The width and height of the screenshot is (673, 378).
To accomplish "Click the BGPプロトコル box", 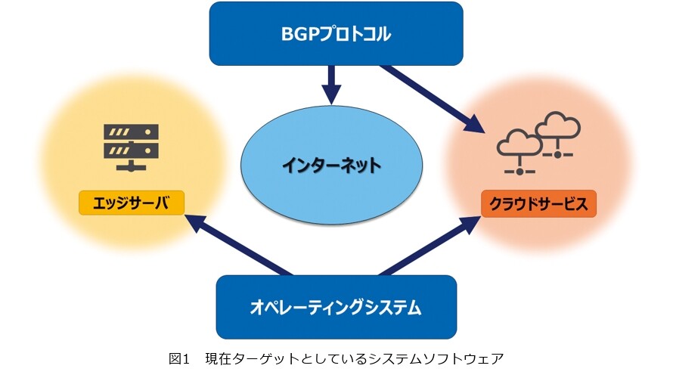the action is [x=336, y=33].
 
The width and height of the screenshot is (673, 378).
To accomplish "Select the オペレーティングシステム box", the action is [x=336, y=307].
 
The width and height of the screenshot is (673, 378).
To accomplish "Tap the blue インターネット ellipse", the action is [x=331, y=165].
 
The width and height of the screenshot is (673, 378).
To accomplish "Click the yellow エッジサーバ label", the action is [x=132, y=203].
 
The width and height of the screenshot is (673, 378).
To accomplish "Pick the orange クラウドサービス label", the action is [x=538, y=204].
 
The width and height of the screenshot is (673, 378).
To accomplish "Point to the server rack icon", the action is [x=131, y=147].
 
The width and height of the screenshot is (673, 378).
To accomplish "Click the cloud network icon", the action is [x=538, y=144].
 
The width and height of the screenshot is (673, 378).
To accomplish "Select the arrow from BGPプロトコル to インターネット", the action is [x=331, y=85].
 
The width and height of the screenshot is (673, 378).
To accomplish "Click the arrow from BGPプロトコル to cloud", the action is [x=433, y=99].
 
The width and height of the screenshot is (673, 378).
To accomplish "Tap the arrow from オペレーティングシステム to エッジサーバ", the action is [x=239, y=245].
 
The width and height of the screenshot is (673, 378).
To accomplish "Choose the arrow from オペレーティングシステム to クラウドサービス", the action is [x=430, y=246].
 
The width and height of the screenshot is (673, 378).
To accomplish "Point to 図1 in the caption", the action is [x=179, y=358].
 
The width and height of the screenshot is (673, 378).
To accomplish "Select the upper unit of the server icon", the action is [x=131, y=132].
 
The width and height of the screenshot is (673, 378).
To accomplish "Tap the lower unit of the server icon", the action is [x=131, y=150].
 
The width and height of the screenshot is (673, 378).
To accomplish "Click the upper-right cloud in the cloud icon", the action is [x=557, y=125].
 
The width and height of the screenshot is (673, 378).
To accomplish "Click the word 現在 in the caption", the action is [x=218, y=358].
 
